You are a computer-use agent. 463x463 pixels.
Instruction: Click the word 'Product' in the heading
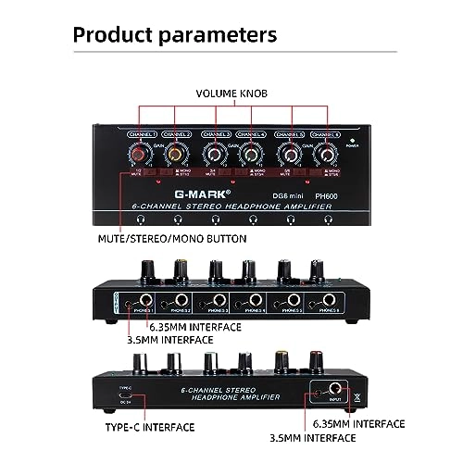[x=119, y=35]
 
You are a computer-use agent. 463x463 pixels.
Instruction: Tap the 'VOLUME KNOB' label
[x=231, y=94]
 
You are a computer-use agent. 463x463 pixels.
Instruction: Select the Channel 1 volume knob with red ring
[x=142, y=151]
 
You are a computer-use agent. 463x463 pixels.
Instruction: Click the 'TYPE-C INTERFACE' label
[x=147, y=428]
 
